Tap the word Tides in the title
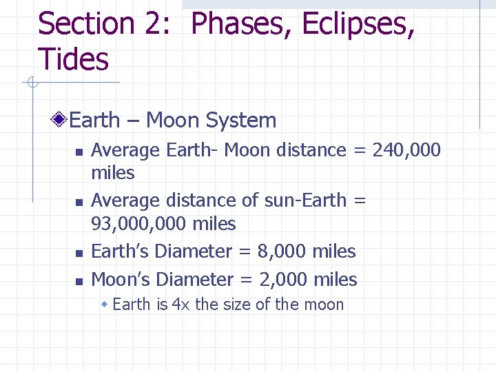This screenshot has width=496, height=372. pos(73,59)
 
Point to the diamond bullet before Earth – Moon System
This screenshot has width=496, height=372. pos(61,121)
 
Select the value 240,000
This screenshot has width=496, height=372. pos(406,150)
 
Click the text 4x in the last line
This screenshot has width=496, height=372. pos(181,304)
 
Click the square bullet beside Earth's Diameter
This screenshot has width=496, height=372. pos(79,253)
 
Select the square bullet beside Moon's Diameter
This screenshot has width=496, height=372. pos(79,281)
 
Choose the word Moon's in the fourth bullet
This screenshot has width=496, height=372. pos(121,280)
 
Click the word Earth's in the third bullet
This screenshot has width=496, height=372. pos(121,251)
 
